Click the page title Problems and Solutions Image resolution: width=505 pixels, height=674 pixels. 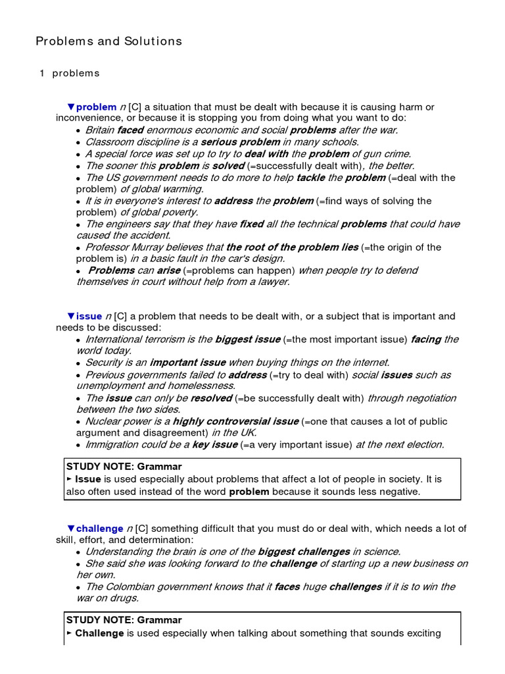[108, 41]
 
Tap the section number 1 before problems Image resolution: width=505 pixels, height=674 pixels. [41, 73]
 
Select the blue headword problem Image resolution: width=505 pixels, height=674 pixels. [97, 107]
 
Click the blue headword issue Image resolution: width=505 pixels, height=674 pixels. [89, 316]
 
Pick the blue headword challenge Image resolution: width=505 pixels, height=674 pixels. [99, 529]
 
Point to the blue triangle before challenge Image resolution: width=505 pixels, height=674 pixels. [71, 529]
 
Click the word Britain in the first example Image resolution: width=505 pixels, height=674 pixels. [100, 130]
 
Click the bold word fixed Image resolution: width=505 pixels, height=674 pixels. [251, 224]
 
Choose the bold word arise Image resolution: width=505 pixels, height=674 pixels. [168, 271]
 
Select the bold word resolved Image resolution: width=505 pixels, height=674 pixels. [211, 398]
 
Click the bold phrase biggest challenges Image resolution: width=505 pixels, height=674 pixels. [304, 552]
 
